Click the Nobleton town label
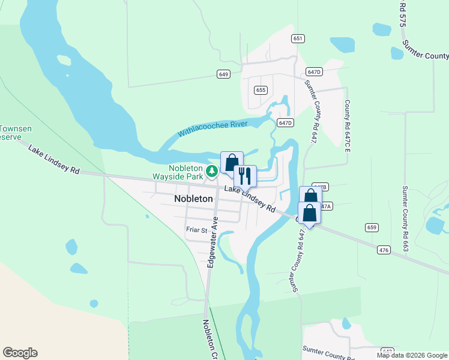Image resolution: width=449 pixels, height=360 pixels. [x=193, y=199]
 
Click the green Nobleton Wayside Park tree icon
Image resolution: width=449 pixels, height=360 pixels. [x=211, y=172]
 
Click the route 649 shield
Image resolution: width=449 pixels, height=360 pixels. [x=223, y=74]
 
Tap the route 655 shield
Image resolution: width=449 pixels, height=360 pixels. [x=260, y=90]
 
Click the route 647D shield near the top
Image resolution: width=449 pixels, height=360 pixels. [x=313, y=71]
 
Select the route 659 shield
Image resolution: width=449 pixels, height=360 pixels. [x=372, y=227]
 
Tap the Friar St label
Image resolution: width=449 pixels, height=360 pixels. [x=196, y=230]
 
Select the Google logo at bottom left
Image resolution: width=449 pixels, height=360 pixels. [x=20, y=353]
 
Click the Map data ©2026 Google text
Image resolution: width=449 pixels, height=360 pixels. [x=412, y=355]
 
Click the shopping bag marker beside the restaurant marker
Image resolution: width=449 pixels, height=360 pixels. [x=232, y=162]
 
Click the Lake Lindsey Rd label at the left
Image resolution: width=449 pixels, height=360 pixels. [x=53, y=160]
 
